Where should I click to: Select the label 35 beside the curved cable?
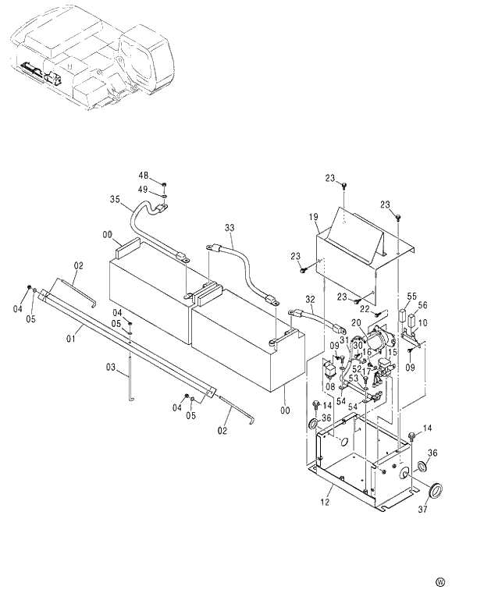coord(115,199)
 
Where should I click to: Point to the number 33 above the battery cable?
coord(229,228)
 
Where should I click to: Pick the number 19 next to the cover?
coord(312,218)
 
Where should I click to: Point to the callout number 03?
coord(110,366)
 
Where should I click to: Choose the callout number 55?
coord(411,297)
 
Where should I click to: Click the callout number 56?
coord(423,305)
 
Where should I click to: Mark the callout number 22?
coord(365,310)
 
